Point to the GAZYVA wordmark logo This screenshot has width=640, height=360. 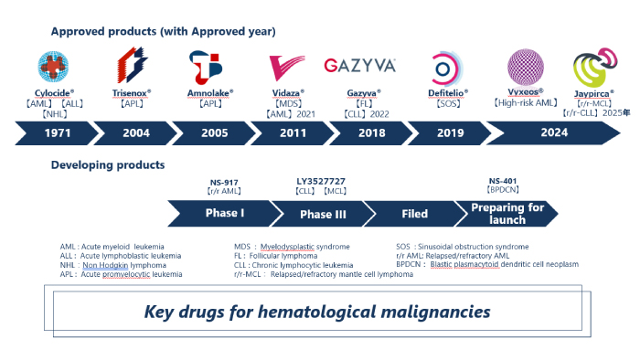(x=359, y=66)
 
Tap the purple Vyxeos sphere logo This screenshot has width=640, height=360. (x=526, y=67)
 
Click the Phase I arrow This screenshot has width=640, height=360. (x=225, y=214)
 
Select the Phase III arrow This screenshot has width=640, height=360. (x=320, y=214)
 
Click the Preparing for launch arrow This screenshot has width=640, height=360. (x=507, y=214)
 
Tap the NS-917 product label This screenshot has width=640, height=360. (x=225, y=183)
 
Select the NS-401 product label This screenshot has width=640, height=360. (x=504, y=183)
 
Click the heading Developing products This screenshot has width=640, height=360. (x=108, y=165)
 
